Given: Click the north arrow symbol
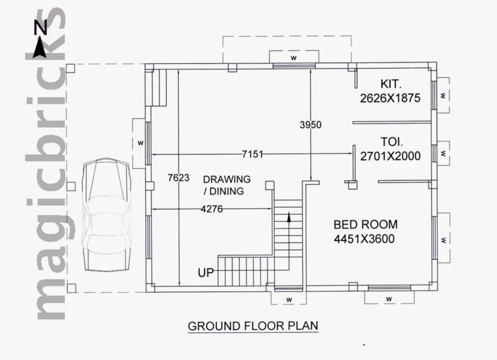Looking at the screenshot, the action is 40,48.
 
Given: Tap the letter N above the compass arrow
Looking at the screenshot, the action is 41,27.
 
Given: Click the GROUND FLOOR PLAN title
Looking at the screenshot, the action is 253,326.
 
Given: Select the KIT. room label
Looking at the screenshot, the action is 391,84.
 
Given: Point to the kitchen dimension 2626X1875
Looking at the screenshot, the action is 390,98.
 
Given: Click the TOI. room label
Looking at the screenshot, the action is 392,142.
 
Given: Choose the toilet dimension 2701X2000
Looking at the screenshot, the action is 390,156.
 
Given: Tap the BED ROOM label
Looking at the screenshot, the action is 365,225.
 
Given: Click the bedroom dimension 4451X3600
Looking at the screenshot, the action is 364,239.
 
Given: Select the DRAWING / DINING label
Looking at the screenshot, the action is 227,185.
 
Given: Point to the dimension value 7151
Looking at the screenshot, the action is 252,154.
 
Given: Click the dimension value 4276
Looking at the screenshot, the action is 212,209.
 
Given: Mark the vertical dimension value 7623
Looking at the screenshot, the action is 178,178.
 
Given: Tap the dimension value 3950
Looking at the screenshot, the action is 311,125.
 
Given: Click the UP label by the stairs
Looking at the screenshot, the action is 206,273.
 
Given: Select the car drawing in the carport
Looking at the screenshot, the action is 107,215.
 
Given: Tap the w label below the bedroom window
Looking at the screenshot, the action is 389,299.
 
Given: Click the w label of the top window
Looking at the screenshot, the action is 294,58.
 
